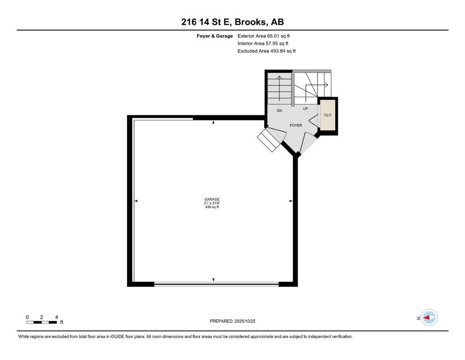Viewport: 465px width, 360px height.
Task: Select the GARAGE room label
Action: point(212,199)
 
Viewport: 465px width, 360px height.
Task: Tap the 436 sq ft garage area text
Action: point(212,207)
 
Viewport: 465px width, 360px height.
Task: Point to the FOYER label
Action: point(295,125)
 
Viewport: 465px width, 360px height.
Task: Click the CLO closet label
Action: point(328,115)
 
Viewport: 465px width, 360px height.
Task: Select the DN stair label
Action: point(279,110)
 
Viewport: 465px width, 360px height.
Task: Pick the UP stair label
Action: point(305,108)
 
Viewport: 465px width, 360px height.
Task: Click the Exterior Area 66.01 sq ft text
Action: point(267,36)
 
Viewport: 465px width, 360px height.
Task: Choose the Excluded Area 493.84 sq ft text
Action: point(266,51)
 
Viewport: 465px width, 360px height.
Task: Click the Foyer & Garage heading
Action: point(214,36)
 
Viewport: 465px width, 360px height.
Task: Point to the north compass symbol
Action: point(428,318)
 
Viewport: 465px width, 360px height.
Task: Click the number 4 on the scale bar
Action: point(56,317)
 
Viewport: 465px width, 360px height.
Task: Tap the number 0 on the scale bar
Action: point(28,317)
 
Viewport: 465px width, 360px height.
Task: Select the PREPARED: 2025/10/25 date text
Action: point(232,321)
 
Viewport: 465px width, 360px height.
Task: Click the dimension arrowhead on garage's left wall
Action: point(136,201)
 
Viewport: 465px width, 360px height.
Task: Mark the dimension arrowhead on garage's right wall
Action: point(291,201)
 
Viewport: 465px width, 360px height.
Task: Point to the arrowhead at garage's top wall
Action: point(214,122)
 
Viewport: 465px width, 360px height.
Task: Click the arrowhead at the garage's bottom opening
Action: point(214,280)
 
